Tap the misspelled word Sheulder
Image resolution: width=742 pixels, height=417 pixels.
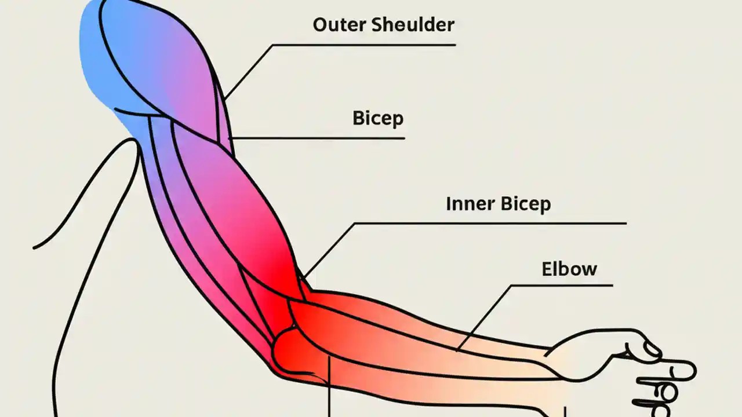pos(412,25)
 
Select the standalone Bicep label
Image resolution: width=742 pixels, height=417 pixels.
pos(377,118)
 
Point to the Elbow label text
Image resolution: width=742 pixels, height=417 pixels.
pos(569,269)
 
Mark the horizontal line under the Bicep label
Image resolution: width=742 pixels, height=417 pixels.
pos(325,138)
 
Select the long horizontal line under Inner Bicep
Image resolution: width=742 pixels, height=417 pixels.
pos(493,223)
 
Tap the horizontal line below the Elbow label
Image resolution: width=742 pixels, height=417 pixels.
pos(562,285)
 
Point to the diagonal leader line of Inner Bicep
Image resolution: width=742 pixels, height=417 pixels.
pos(328,250)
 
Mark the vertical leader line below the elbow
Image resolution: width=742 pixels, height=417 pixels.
pos(329,388)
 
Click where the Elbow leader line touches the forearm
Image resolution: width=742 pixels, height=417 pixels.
pos(459,349)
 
